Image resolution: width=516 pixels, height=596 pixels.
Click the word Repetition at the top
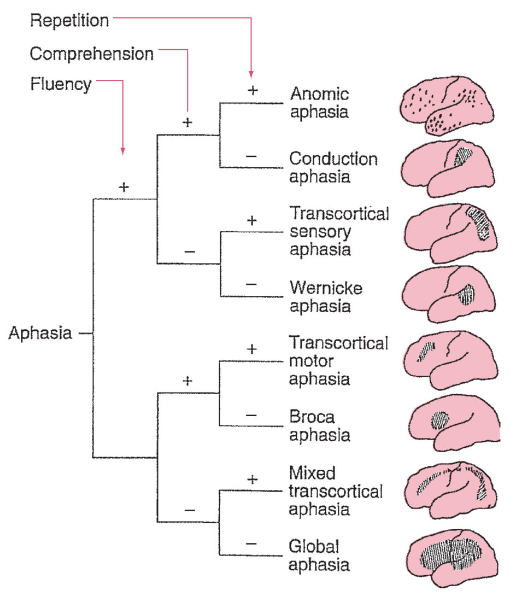[x=69, y=21]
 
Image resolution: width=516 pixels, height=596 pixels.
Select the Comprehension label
[x=91, y=54]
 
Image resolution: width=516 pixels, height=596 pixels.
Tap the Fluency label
[x=61, y=85]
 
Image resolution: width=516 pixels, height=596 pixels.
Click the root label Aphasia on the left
[x=40, y=333]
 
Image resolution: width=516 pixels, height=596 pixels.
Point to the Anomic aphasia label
[x=319, y=103]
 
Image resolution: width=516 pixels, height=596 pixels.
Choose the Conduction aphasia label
[x=333, y=167]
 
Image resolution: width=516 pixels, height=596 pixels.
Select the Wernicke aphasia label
[x=326, y=296]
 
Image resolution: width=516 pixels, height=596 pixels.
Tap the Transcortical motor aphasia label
[x=338, y=360]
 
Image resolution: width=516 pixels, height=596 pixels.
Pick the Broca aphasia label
[x=319, y=426]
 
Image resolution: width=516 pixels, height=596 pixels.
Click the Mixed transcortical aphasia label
[x=336, y=490]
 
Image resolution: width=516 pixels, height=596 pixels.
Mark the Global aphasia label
[x=319, y=555]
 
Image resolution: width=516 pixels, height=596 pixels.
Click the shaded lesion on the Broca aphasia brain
[x=439, y=420]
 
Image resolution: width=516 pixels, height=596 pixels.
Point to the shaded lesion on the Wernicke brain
[x=466, y=295]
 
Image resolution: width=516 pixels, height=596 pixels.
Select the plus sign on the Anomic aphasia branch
[x=252, y=90]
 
